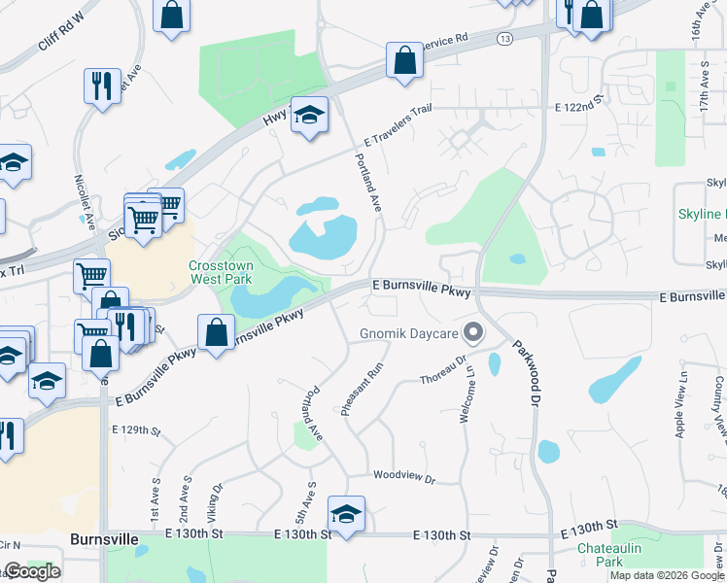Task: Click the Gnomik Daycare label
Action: point(407,334)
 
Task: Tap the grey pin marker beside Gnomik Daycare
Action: point(474,333)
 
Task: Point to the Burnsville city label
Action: point(103,538)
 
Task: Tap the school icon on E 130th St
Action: point(346,513)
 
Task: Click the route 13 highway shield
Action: point(503,39)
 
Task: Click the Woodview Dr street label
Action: point(403,477)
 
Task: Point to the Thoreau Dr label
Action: point(443,378)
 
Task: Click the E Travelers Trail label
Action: point(398,127)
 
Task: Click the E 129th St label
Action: point(135,429)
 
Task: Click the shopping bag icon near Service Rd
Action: point(403,60)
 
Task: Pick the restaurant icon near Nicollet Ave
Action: point(101,86)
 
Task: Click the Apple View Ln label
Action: point(683,405)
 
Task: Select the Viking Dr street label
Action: point(213,495)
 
